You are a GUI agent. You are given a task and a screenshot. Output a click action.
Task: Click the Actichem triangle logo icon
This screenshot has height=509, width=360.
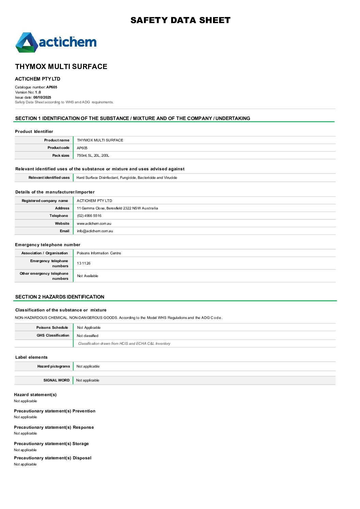(x=26, y=43)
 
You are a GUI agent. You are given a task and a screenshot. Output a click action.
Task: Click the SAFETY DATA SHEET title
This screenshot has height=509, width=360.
(x=180, y=20)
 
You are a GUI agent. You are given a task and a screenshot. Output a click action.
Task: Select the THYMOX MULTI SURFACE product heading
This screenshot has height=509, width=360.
(x=61, y=67)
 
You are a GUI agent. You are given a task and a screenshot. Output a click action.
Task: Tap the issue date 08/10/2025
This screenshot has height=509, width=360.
(x=42, y=97)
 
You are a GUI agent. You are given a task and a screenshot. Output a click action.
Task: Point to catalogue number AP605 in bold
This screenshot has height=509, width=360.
(x=52, y=87)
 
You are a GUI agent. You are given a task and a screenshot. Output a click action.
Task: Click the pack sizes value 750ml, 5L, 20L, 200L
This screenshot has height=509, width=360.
(x=93, y=155)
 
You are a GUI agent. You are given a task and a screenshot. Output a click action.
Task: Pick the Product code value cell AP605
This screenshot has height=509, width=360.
(x=82, y=148)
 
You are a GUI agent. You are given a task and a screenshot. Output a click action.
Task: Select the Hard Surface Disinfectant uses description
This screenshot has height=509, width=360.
(x=127, y=177)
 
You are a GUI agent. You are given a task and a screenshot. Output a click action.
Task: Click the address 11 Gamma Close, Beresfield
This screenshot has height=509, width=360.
(x=117, y=208)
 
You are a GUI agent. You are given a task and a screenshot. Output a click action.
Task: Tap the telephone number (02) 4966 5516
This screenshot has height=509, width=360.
(x=89, y=216)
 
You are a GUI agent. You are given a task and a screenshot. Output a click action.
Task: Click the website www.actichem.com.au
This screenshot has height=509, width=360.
(x=94, y=223)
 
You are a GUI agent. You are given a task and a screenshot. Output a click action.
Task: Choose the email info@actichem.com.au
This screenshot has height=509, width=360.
(x=95, y=231)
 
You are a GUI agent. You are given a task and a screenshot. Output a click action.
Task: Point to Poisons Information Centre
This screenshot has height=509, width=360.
(x=99, y=253)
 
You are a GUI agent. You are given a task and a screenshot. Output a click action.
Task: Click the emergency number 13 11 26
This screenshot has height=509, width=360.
(x=84, y=263)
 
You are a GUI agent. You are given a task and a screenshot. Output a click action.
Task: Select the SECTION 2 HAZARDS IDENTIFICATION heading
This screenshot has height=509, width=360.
(x=60, y=297)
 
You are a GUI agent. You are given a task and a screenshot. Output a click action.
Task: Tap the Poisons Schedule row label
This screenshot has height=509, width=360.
(x=52, y=327)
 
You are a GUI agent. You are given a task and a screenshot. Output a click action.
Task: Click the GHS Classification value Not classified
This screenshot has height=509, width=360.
(x=87, y=336)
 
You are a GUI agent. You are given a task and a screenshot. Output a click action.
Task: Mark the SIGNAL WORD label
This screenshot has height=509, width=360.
(x=56, y=380)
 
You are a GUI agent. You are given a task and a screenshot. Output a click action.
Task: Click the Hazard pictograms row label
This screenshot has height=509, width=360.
(x=53, y=366)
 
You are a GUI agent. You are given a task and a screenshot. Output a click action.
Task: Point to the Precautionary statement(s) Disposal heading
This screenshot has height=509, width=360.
(x=53, y=458)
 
